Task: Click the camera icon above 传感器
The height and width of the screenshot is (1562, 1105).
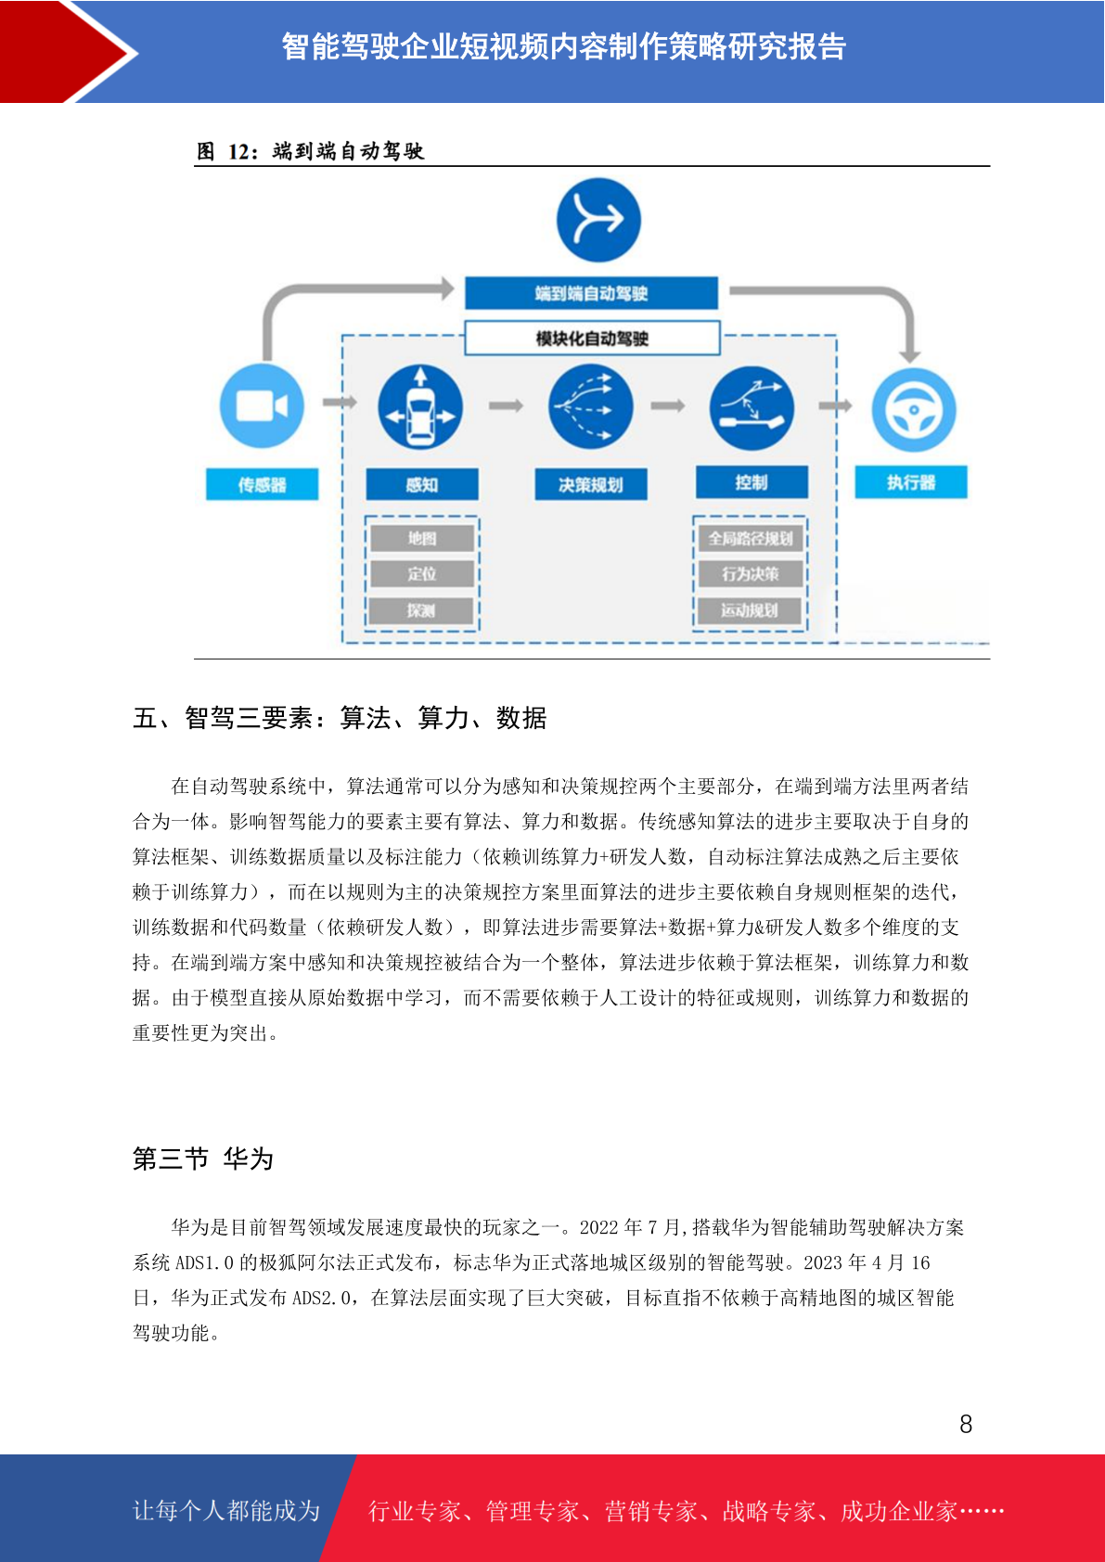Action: tap(262, 405)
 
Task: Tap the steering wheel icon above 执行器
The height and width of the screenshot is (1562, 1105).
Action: tap(913, 409)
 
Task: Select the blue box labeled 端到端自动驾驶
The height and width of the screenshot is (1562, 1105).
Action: tap(591, 293)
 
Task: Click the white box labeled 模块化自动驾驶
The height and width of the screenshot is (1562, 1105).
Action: tap(592, 339)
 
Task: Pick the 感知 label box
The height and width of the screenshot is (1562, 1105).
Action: tap(422, 484)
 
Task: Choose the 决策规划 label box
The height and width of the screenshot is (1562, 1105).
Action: tap(591, 484)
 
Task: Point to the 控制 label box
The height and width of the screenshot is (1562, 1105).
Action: tap(752, 481)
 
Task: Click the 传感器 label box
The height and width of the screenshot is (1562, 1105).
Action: tap(262, 484)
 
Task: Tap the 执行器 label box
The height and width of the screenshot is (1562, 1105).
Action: tap(911, 481)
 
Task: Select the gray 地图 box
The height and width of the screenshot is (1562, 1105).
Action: tap(422, 538)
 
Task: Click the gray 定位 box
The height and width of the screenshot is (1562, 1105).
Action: tap(422, 574)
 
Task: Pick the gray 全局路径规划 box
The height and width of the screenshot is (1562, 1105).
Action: tap(751, 538)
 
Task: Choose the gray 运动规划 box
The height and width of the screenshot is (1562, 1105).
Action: tap(750, 610)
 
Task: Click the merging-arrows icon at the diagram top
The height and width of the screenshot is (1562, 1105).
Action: tap(598, 220)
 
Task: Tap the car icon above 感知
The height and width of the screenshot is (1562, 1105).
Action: tap(420, 407)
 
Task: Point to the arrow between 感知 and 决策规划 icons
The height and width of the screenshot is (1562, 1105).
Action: tap(506, 405)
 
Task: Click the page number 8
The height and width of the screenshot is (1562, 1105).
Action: tap(966, 1423)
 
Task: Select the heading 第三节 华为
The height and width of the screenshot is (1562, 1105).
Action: tap(202, 1159)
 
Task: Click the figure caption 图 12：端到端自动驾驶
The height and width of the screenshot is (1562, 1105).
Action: tap(311, 150)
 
